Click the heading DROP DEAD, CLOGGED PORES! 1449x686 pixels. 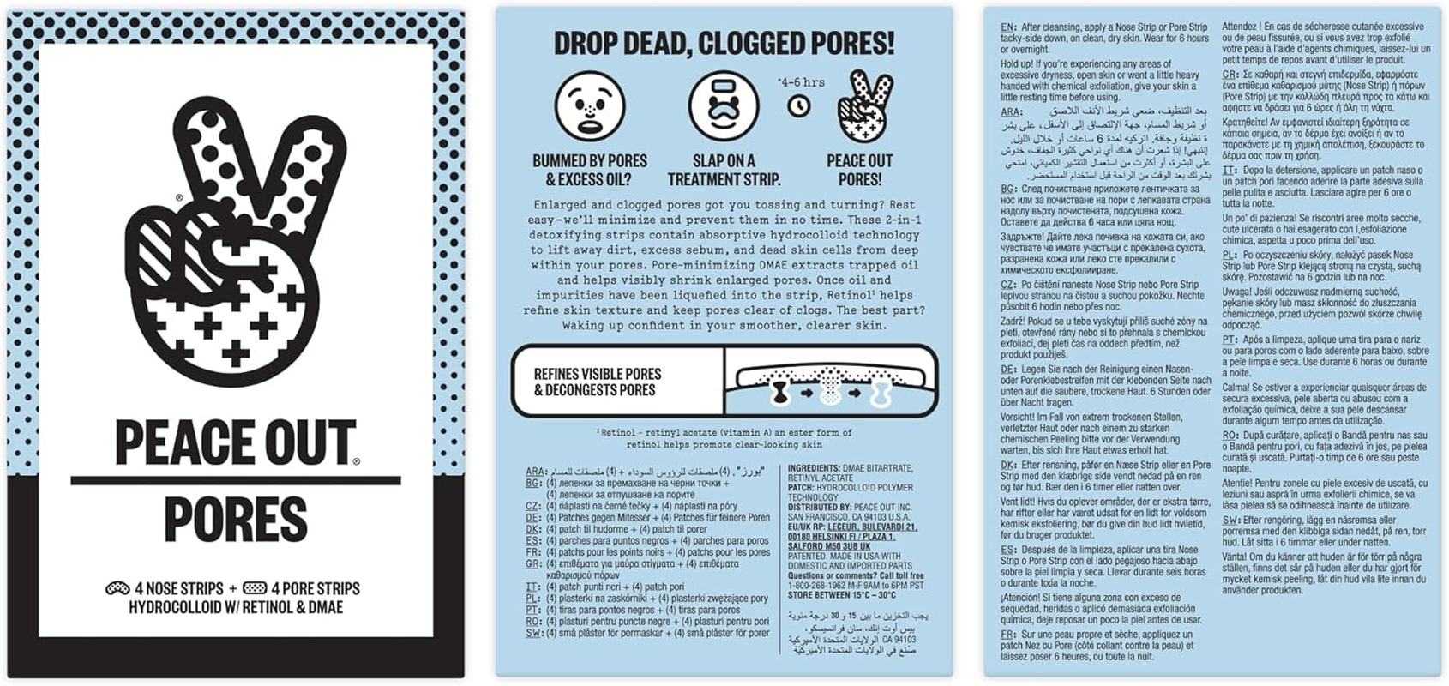[x=724, y=43]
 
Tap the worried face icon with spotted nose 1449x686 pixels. [x=589, y=107]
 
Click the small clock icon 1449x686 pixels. [x=799, y=105]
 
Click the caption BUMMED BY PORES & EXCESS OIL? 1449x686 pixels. [x=589, y=170]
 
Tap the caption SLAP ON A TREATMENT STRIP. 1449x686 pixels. [x=724, y=170]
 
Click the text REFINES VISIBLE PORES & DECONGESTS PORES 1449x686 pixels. [x=598, y=382]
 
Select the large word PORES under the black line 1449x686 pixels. [x=235, y=519]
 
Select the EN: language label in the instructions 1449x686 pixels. [x=1008, y=27]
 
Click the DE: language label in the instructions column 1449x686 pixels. [x=1008, y=369]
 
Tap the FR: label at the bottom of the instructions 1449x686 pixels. [x=1008, y=635]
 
